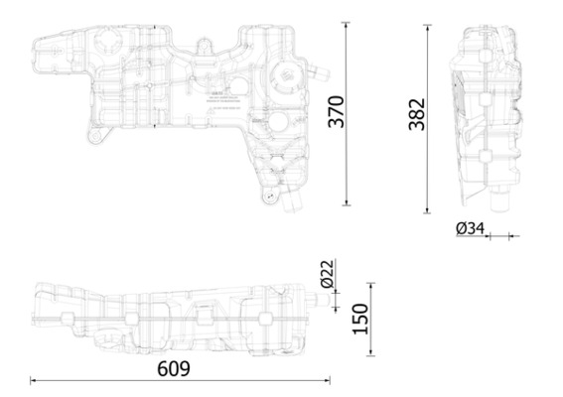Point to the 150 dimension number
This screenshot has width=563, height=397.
(x=360, y=318)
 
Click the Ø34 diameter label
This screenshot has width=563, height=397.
(x=470, y=228)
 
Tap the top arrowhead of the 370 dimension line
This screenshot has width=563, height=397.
(x=347, y=22)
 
